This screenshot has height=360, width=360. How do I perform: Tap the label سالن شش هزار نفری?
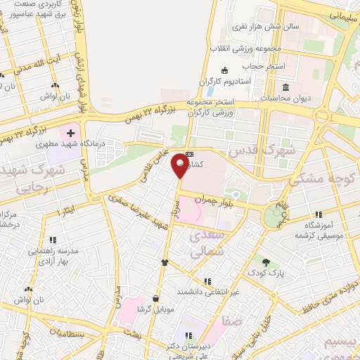click(266, 26)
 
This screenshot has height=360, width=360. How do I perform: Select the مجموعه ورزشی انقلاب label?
click(245, 49)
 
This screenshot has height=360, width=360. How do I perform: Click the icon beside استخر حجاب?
click(224, 70)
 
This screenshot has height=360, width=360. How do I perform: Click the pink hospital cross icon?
click(71, 133)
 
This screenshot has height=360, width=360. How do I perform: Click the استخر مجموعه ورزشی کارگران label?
click(211, 108)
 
